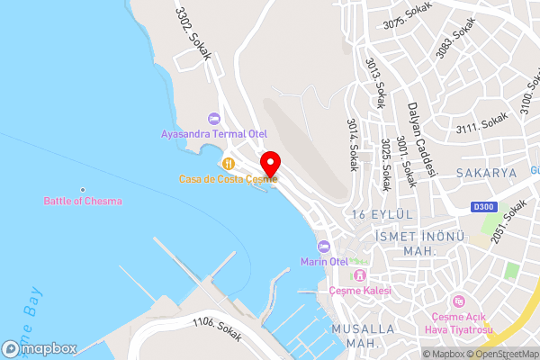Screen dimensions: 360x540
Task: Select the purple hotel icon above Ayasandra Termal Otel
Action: click(x=213, y=118)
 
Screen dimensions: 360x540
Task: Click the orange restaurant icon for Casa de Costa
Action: click(x=229, y=163)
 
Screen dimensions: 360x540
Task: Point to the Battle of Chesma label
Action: click(x=83, y=201)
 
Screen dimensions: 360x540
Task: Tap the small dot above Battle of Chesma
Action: click(x=83, y=189)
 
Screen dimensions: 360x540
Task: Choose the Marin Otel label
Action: click(x=324, y=261)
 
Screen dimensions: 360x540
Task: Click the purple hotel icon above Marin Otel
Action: click(x=324, y=247)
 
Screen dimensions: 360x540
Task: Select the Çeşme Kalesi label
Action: click(x=361, y=290)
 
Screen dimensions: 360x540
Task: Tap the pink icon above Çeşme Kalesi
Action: click(x=361, y=274)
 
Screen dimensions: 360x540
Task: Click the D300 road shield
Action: click(x=483, y=208)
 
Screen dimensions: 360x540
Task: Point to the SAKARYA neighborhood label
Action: click(x=486, y=172)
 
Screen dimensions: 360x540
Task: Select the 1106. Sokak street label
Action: click(x=217, y=328)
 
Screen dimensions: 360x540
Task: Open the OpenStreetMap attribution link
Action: click(x=502, y=354)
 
